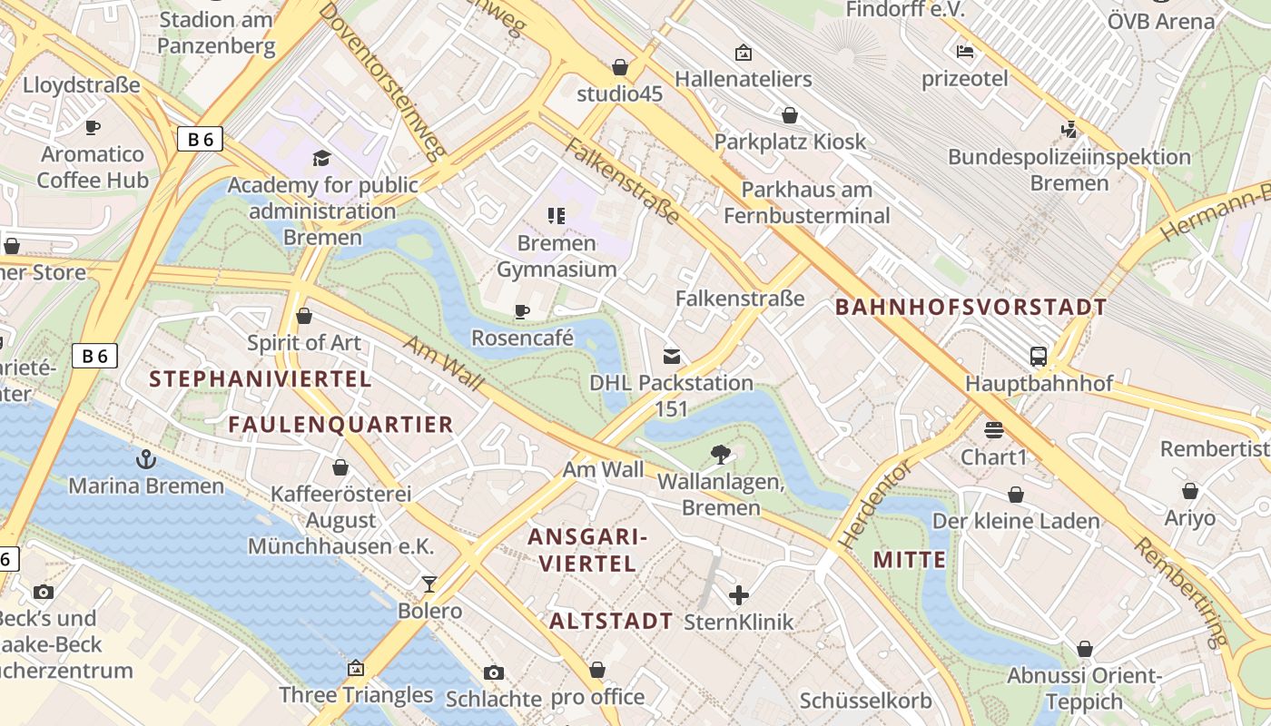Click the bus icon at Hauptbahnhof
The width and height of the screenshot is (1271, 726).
click(1038, 357)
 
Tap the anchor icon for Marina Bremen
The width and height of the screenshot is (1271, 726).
click(146, 459)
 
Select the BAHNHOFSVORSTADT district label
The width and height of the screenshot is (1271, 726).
click(970, 307)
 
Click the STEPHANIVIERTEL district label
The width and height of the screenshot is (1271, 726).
click(261, 379)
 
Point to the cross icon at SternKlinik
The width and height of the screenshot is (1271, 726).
click(739, 595)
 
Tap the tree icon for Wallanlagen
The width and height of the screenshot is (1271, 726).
click(721, 454)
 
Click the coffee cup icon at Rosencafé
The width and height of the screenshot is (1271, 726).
click(522, 312)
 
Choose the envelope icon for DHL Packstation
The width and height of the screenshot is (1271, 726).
click(672, 357)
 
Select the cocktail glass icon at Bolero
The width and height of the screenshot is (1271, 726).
click(429, 584)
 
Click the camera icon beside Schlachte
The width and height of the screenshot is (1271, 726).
click(493, 672)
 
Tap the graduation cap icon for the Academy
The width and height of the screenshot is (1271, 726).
click(321, 159)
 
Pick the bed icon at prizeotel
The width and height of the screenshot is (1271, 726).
click(964, 53)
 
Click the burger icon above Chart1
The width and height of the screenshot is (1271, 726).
click(993, 430)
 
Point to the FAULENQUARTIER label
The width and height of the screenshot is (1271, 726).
click(340, 425)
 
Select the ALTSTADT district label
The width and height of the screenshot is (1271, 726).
click(611, 622)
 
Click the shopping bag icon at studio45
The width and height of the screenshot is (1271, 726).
click(620, 67)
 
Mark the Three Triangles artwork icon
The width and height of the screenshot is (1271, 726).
click(356, 669)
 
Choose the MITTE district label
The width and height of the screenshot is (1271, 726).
click(910, 560)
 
